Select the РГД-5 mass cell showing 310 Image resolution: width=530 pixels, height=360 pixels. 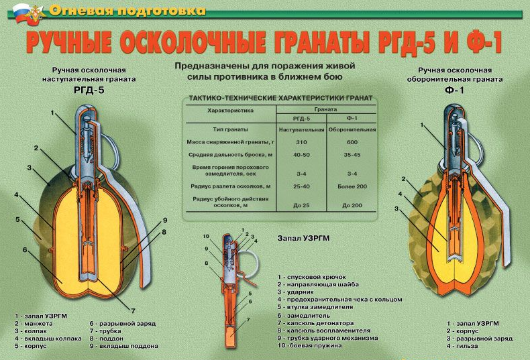tap(301, 142)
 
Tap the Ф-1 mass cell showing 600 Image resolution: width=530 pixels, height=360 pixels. tap(352, 142)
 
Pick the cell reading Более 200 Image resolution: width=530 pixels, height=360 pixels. tap(352, 186)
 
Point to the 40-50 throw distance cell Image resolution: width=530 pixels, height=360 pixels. tap(301, 155)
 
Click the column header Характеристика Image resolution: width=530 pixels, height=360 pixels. tap(231, 111)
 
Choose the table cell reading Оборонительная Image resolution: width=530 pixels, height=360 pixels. tap(352, 129)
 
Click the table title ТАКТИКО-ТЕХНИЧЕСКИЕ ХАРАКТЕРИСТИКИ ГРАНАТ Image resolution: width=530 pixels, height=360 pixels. tap(280, 99)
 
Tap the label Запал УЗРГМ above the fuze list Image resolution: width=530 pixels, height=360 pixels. tap(303, 238)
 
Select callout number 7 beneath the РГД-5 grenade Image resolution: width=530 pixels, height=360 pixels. tap(134, 310)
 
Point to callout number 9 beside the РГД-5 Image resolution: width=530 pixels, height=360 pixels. tap(165, 221)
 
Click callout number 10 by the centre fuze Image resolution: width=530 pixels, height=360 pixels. tap(206, 237)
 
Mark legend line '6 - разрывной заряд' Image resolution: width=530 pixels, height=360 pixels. tap(123, 324)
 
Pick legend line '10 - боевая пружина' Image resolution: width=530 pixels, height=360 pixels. tap(310, 346)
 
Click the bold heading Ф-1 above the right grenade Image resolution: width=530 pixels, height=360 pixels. tap(455, 91)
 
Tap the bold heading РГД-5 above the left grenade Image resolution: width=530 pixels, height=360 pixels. tap(89, 91)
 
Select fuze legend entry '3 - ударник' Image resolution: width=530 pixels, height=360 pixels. tap(296, 292)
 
